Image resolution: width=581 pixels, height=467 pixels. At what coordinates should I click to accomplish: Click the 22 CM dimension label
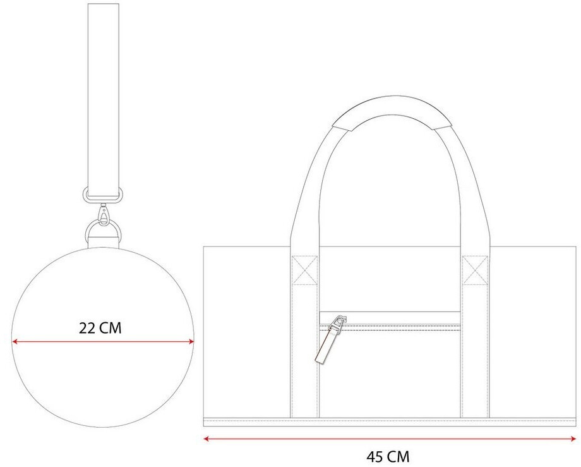(100, 328)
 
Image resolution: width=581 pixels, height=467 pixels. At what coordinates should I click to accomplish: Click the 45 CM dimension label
(388, 456)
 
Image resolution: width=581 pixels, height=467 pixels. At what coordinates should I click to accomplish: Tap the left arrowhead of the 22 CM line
(15, 342)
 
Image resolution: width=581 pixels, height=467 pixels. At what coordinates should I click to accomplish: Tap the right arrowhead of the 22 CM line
(191, 342)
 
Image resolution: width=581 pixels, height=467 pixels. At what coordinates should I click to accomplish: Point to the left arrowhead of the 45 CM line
(207, 439)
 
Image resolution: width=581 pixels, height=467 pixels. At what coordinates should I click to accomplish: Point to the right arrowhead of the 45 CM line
(573, 439)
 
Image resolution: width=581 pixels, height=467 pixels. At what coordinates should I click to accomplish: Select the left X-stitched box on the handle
(305, 270)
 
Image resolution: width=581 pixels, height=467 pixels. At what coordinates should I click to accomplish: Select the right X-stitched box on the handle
(475, 270)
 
